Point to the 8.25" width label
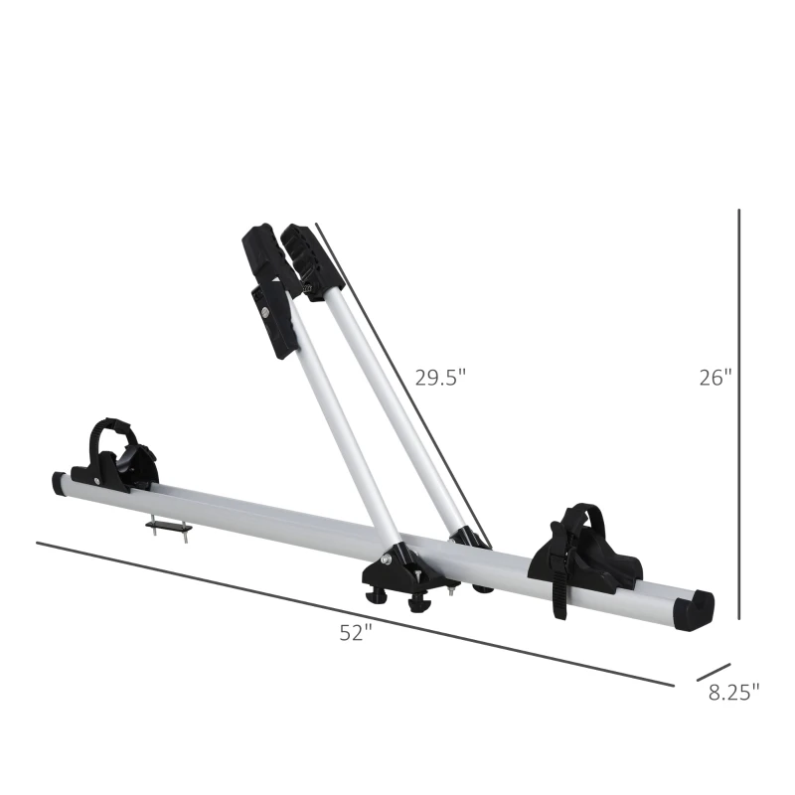pyautogui.click(x=734, y=688)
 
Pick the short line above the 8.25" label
pyautogui.click(x=714, y=673)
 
